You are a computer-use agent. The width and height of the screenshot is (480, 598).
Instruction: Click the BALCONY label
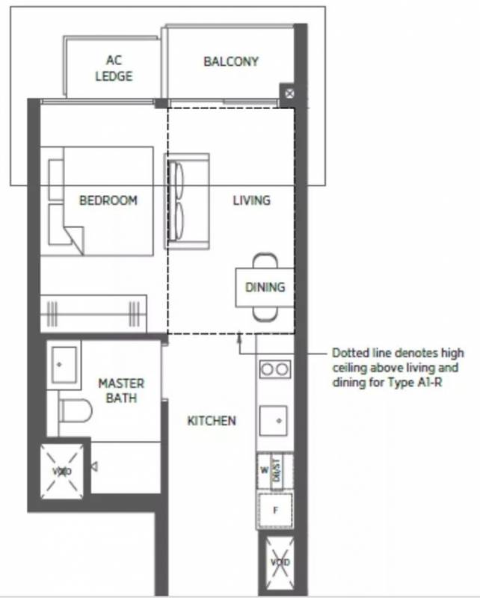(x=231, y=61)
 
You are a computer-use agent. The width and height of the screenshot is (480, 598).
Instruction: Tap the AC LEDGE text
(x=114, y=68)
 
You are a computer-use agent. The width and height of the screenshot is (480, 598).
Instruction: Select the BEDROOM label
(x=108, y=200)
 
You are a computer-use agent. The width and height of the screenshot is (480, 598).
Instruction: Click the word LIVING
(x=252, y=200)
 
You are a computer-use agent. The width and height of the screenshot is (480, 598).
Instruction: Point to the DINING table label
(x=265, y=287)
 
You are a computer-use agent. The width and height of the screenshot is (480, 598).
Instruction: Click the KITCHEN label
(x=212, y=421)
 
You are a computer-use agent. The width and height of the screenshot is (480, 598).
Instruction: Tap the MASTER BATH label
(x=121, y=390)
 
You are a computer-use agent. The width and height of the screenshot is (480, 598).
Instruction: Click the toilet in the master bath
(x=76, y=410)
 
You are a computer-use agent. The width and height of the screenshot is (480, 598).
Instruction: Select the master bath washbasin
(x=64, y=365)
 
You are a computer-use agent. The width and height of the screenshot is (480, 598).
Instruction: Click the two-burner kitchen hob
(x=275, y=369)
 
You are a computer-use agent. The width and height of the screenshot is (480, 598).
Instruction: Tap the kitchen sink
(x=273, y=421)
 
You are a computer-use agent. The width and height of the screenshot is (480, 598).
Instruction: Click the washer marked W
(x=264, y=471)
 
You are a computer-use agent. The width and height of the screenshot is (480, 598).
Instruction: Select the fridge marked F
(x=275, y=510)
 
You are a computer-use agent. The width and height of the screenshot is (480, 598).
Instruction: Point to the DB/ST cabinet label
(x=277, y=470)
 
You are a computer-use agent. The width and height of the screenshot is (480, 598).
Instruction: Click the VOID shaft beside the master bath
(x=62, y=472)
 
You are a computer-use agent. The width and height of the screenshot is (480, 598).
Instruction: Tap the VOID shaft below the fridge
(x=280, y=562)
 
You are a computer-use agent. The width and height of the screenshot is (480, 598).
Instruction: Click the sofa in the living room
(x=187, y=201)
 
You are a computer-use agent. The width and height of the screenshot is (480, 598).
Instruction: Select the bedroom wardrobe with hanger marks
(x=93, y=313)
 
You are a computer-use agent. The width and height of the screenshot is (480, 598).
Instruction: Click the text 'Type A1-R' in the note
(x=415, y=382)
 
